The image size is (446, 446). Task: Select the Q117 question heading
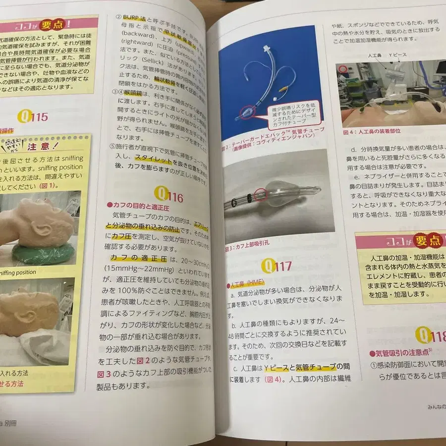pyautogui.click(x=278, y=267)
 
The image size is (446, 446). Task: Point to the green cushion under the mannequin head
pyautogui.click(x=40, y=253)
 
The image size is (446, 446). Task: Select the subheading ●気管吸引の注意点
pyautogui.click(x=402, y=353)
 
